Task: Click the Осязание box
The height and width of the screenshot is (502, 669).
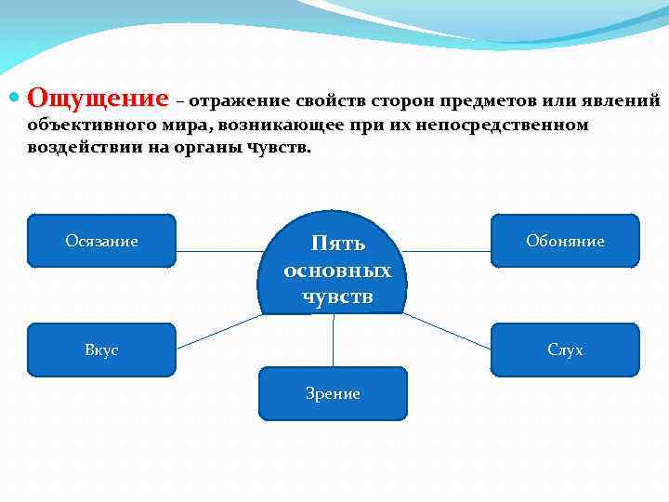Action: pos(102,242)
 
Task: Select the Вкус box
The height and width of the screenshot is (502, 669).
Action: pos(102,350)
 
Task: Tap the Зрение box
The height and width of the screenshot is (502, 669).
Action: pos(333,394)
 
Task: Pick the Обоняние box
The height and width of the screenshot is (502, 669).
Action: pos(565,242)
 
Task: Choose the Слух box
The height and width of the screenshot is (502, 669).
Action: pos(565,350)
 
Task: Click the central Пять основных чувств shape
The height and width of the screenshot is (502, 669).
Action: pos(337,270)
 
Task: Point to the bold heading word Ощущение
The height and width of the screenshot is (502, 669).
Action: pos(98,99)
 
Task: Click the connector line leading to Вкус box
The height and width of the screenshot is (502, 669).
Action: pos(220,331)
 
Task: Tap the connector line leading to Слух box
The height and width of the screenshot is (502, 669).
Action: pos(446,330)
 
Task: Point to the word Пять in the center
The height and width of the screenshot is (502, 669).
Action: pos(337,244)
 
